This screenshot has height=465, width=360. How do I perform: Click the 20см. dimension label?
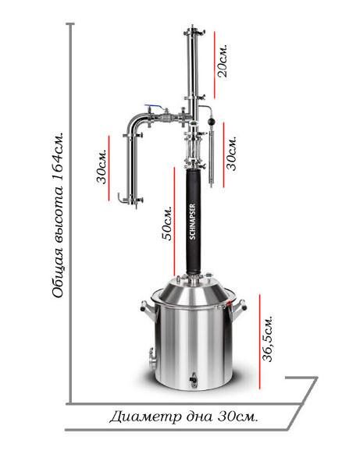(223, 61)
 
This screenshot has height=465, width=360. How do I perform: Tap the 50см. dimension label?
(166, 223)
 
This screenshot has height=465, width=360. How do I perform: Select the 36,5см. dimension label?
(267, 339)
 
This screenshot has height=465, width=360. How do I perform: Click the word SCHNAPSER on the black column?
(192, 222)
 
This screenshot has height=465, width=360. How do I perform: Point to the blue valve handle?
(153, 106)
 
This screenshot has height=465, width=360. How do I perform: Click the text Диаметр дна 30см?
(184, 417)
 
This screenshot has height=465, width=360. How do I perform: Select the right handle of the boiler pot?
(240, 307)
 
